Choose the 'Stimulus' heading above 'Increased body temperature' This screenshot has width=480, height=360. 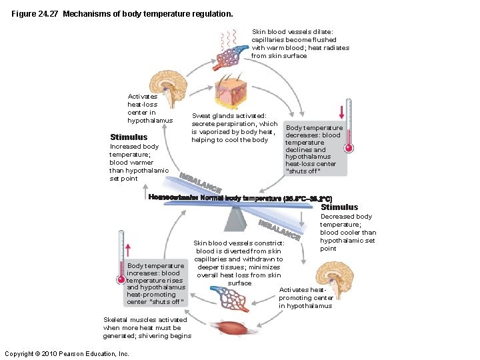tap(129, 137)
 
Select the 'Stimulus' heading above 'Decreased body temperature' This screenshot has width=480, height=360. tap(339, 207)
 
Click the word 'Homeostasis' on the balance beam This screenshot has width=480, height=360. tap(171, 198)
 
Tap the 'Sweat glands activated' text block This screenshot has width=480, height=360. tap(234, 127)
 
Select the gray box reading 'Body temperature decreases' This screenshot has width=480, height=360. tap(313, 149)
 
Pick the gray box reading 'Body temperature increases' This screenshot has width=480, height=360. tap(155, 283)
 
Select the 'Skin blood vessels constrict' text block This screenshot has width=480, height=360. tap(239, 263)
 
